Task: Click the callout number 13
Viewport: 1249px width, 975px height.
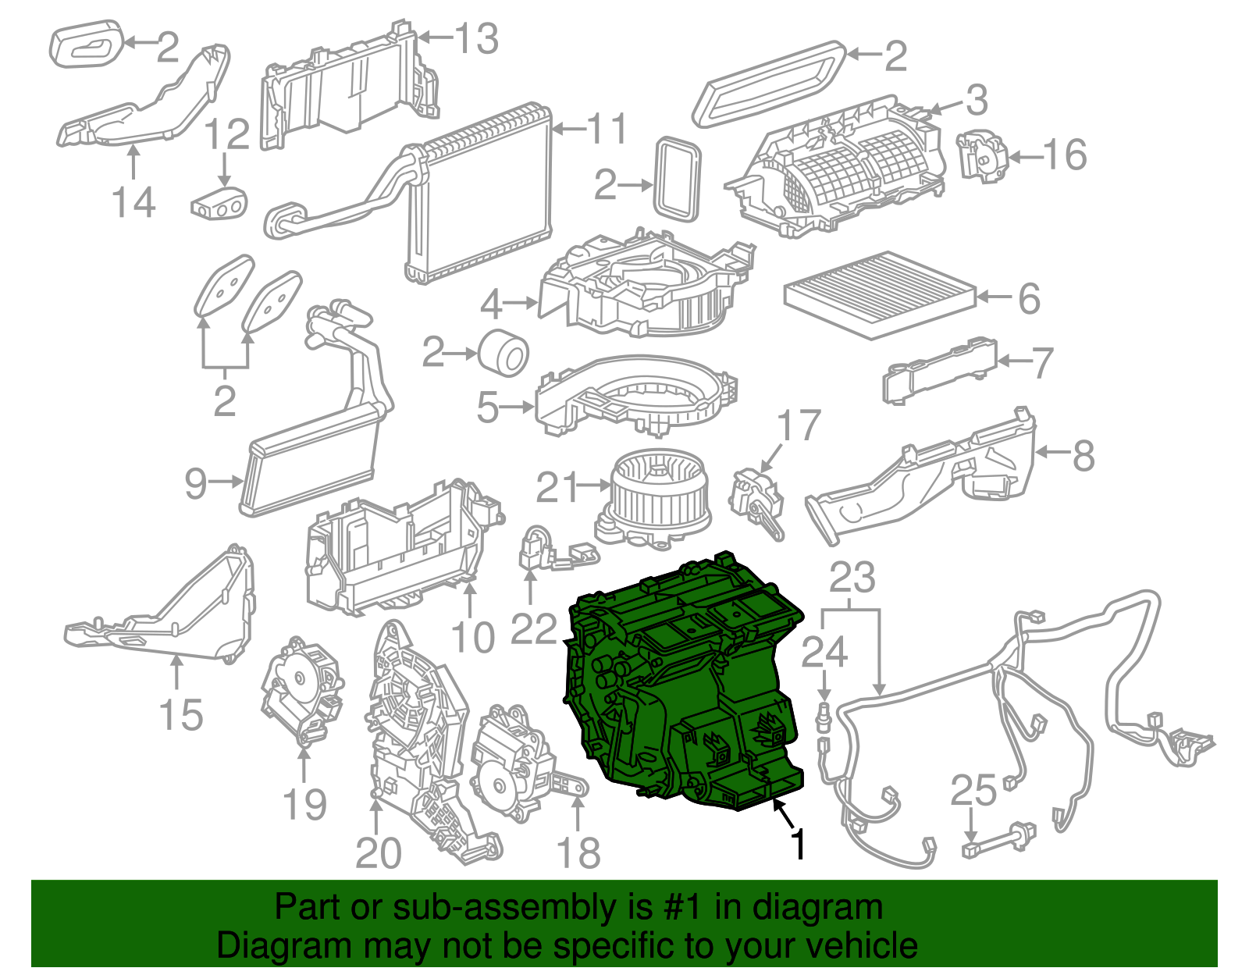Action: [x=477, y=38]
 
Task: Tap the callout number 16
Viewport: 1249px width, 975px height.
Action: [x=1065, y=155]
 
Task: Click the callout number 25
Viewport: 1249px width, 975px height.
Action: [x=973, y=791]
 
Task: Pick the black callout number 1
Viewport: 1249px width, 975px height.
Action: [x=797, y=844]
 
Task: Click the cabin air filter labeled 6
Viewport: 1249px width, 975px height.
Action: [x=881, y=293]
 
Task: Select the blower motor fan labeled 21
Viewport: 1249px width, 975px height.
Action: [x=655, y=496]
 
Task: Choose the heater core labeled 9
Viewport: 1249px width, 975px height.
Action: [x=312, y=461]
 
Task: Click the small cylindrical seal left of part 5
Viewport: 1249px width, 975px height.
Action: [x=504, y=352]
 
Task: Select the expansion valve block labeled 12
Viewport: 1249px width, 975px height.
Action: [x=219, y=201]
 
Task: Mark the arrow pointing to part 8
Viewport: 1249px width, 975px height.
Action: [x=1053, y=452]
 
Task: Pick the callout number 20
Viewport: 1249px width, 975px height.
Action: [x=378, y=852]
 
